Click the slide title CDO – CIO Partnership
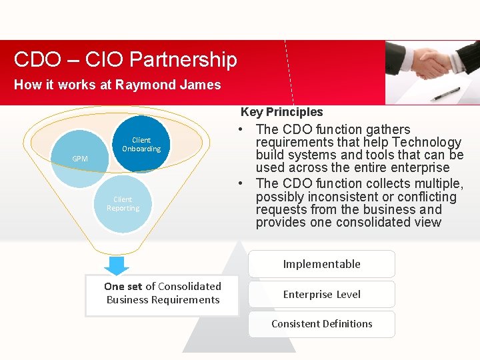tap(125, 60)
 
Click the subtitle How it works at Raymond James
tap(117, 85)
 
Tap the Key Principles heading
tap(281, 112)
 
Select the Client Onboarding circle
tap(141, 145)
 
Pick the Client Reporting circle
tap(123, 204)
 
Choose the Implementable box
tap(321, 264)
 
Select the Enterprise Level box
tap(321, 294)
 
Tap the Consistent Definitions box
tap(321, 324)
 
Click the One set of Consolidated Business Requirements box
tap(163, 293)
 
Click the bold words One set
tap(123, 286)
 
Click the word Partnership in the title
tap(183, 60)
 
